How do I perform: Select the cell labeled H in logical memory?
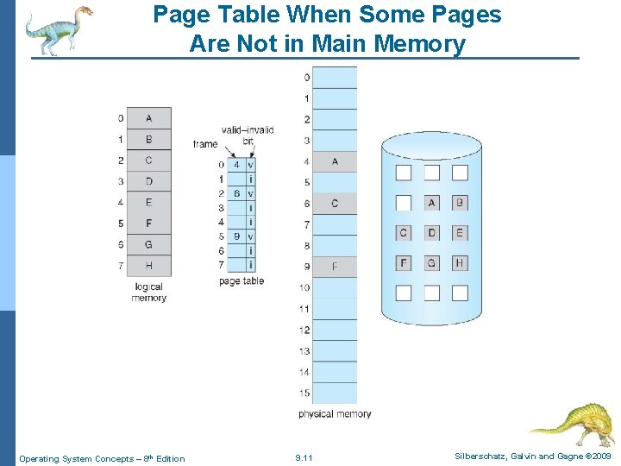149,266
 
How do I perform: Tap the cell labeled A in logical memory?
149,118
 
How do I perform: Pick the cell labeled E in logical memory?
149,203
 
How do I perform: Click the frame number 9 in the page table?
236,236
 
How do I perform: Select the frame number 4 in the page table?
236,165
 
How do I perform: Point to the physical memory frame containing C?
335,204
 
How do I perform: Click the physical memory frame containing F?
335,267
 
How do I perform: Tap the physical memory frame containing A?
335,161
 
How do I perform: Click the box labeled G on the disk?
432,262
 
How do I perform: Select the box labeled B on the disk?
460,204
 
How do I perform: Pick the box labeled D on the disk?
432,233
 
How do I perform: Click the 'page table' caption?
241,281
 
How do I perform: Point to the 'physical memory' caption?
335,414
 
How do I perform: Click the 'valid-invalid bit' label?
248,135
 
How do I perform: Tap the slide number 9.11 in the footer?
304,458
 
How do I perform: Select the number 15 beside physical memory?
304,394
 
